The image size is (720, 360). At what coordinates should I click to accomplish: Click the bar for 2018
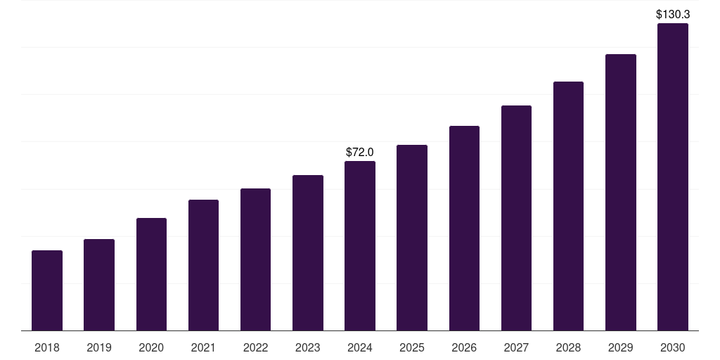pyautogui.click(x=47, y=290)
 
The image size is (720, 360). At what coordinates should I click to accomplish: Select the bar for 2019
pyautogui.click(x=99, y=285)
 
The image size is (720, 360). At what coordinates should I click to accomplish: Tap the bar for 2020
pyautogui.click(x=151, y=274)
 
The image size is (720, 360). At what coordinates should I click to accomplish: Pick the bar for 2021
pyautogui.click(x=203, y=265)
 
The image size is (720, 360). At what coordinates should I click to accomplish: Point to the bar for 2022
pyautogui.click(x=255, y=259)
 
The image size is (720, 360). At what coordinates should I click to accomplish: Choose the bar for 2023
pyautogui.click(x=308, y=252)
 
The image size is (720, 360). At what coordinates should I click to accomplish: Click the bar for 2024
pyautogui.click(x=360, y=245)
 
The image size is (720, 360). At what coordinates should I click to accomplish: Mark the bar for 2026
pyautogui.click(x=464, y=228)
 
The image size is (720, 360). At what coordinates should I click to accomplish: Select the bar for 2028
pyautogui.click(x=568, y=206)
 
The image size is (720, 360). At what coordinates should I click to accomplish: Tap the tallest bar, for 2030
pyautogui.click(x=673, y=176)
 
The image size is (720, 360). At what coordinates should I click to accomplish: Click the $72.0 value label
pyautogui.click(x=360, y=152)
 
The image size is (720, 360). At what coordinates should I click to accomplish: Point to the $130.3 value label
pyautogui.click(x=673, y=14)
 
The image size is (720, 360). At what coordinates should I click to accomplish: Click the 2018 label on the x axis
pyautogui.click(x=47, y=347)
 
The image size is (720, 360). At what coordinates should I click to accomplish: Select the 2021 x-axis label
pyautogui.click(x=203, y=347)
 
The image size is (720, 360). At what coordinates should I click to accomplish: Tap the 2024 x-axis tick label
pyautogui.click(x=360, y=347)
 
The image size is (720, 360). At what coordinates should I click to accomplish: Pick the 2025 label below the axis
pyautogui.click(x=412, y=347)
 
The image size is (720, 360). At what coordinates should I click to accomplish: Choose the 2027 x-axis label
pyautogui.click(x=516, y=347)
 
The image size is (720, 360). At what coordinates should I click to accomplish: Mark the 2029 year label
pyautogui.click(x=620, y=347)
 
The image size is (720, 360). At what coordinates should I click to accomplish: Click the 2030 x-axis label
pyautogui.click(x=673, y=347)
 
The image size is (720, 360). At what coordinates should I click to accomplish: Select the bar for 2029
pyautogui.click(x=620, y=192)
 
